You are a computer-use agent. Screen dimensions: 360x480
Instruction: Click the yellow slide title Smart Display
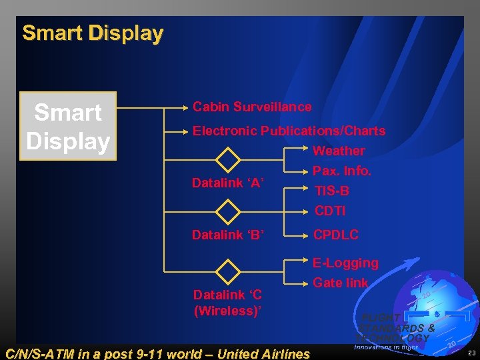(93, 33)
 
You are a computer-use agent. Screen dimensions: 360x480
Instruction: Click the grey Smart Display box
(68, 127)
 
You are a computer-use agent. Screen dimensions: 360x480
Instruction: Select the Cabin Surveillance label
(252, 107)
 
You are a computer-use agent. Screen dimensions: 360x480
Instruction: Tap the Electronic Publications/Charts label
(289, 131)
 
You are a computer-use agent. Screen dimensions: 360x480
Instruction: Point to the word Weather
(339, 151)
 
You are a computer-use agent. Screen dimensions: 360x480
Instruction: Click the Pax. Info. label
(342, 171)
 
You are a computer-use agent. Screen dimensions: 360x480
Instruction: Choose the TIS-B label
(332, 191)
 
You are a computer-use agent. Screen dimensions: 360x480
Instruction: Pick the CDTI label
(331, 211)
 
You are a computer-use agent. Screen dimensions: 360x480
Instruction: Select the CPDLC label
(336, 235)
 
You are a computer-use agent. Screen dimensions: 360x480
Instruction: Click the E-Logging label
(345, 263)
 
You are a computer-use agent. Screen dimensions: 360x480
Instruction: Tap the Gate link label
(340, 283)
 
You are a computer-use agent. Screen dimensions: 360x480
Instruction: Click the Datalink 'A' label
(228, 182)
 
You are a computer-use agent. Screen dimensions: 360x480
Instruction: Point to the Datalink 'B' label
(228, 235)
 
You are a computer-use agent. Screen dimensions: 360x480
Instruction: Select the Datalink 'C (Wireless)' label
(227, 302)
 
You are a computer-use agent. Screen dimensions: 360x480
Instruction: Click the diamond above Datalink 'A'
(229, 160)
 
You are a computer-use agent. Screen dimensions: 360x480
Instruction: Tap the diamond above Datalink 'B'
(229, 211)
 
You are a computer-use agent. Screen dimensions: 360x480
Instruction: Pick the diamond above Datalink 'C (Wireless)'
(229, 272)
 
